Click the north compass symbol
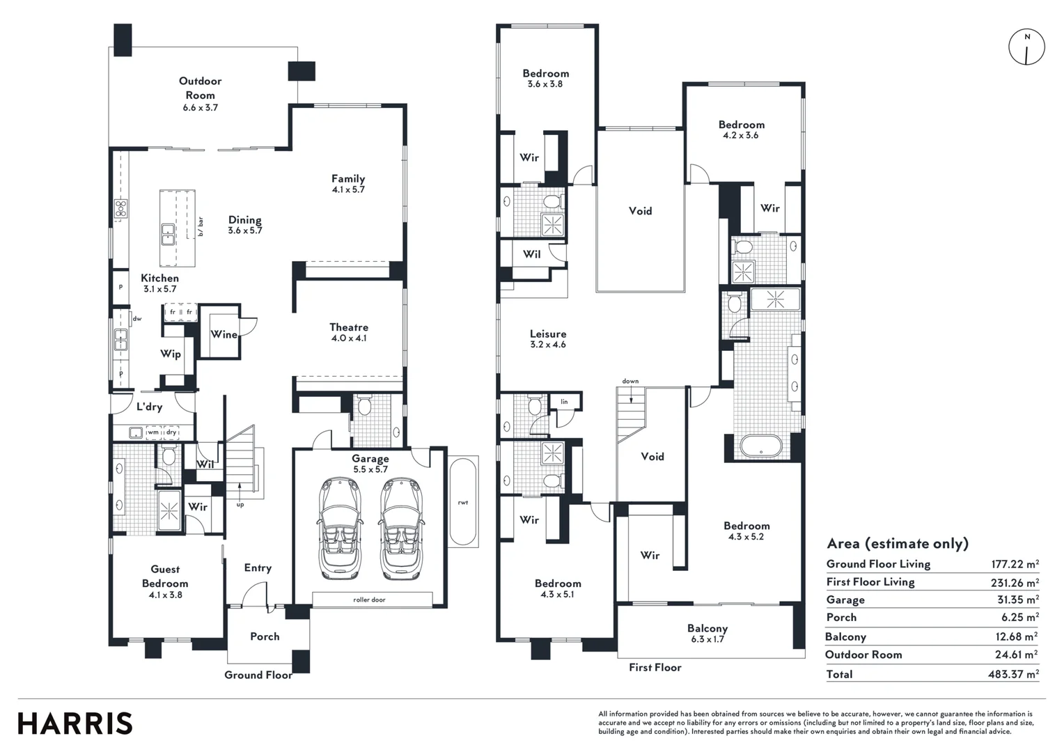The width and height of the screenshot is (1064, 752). [x=1026, y=47]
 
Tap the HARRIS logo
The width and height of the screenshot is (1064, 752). [x=75, y=723]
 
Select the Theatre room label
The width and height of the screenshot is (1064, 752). [x=349, y=327]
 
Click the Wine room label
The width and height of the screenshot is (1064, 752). [x=224, y=334]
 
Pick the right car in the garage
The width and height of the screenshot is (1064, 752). [x=401, y=528]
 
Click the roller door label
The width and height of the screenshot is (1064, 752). [x=369, y=600]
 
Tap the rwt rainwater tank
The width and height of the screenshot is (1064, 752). [x=463, y=502]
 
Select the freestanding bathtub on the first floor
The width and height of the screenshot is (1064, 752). [x=761, y=446]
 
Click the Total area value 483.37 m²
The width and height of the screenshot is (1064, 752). [x=1015, y=674]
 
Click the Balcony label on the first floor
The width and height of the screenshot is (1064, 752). [x=707, y=628]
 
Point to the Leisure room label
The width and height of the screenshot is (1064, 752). [x=548, y=334]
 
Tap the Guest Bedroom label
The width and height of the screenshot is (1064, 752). [x=165, y=576]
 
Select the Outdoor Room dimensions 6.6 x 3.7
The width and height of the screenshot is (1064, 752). [x=201, y=108]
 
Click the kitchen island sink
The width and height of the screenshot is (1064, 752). [x=168, y=234]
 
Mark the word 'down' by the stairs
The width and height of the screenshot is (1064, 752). [x=630, y=382]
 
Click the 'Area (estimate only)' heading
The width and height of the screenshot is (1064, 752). [x=897, y=544]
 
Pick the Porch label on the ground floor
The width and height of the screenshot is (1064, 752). [x=265, y=636]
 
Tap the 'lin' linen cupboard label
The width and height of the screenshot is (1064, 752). [x=564, y=402]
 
